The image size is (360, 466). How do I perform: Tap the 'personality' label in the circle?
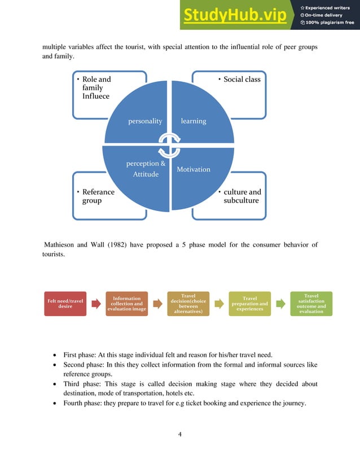[x=145, y=121]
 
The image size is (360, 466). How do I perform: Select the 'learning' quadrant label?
[x=194, y=121]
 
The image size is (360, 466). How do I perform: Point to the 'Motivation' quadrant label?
[x=194, y=169]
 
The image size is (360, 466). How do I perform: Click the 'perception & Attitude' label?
[x=146, y=169]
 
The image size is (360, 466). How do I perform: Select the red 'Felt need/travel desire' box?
[x=65, y=304]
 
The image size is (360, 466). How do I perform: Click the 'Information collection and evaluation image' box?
[x=127, y=304]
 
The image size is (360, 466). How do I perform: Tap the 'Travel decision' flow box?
[x=188, y=304]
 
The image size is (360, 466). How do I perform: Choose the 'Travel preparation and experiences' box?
[x=249, y=304]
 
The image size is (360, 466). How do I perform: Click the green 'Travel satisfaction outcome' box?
[x=311, y=304]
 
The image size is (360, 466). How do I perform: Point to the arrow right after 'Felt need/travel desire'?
[x=96, y=304]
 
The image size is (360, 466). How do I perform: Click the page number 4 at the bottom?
[x=179, y=434]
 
